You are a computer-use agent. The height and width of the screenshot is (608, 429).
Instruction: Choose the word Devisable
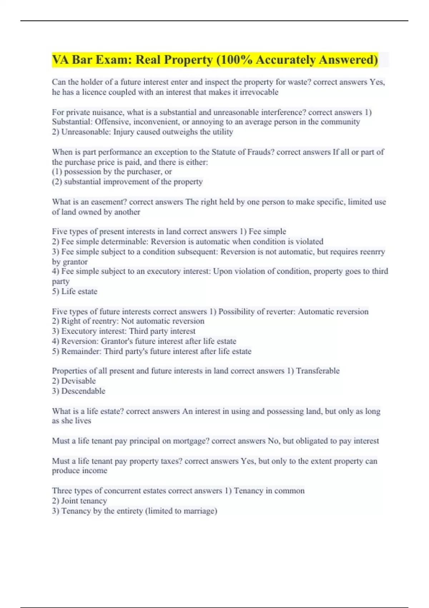click(78, 381)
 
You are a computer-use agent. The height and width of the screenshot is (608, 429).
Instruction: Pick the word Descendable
click(83, 391)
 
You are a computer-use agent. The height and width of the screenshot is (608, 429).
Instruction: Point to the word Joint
click(70, 501)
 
